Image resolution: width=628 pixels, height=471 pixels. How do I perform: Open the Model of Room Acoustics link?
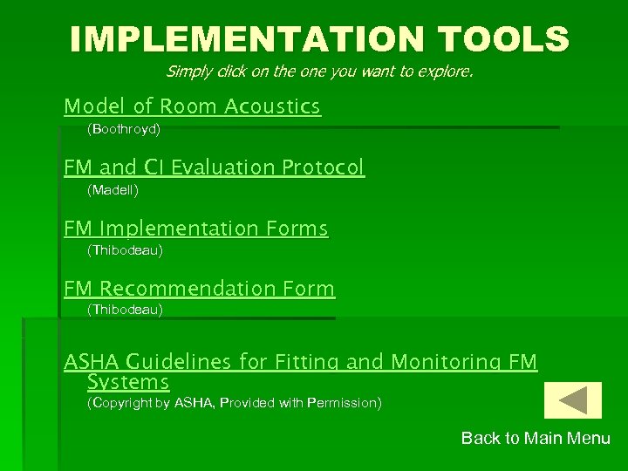(x=192, y=106)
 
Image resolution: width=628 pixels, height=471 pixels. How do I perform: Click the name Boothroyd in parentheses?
(x=124, y=129)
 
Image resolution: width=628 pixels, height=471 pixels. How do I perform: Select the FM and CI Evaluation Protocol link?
(x=214, y=167)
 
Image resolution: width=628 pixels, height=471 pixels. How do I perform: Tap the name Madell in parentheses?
(x=113, y=189)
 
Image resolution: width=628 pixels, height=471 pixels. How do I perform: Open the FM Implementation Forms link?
(x=195, y=229)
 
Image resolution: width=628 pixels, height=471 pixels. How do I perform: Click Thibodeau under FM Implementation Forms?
(x=125, y=250)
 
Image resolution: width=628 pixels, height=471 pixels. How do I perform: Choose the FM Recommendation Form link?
(x=199, y=288)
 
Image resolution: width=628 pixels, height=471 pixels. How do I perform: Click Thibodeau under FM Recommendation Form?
(x=125, y=310)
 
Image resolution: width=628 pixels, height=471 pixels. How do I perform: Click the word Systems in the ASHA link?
(x=128, y=382)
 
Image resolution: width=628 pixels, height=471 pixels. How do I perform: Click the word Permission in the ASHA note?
(x=340, y=403)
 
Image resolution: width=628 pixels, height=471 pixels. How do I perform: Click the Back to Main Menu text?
(x=536, y=439)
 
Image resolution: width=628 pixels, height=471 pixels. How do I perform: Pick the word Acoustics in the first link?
(x=272, y=106)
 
